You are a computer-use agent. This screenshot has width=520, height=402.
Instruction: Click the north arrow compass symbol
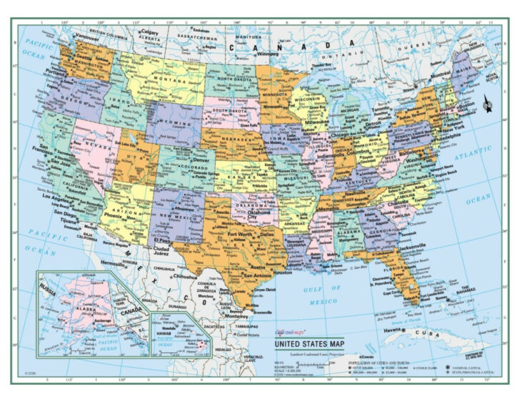[x=487, y=104]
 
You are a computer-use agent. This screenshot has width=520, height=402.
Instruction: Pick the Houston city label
[x=283, y=273]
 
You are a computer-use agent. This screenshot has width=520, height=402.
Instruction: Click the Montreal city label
[x=440, y=74]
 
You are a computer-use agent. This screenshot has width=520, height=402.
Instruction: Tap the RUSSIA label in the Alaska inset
[x=47, y=291]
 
